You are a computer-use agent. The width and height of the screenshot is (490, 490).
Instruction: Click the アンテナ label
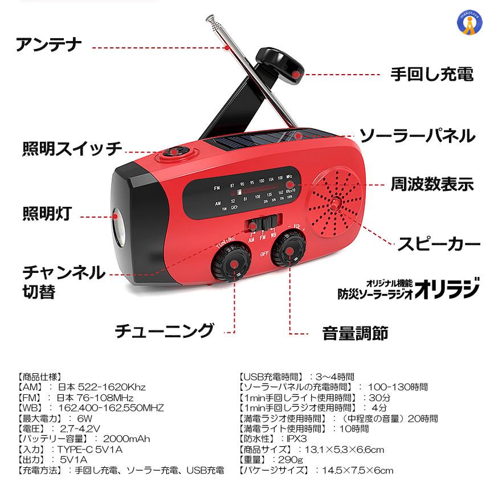50,44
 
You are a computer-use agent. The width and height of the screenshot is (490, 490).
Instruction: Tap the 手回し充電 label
432,74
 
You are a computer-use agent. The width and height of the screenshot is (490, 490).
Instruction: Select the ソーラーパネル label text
416,136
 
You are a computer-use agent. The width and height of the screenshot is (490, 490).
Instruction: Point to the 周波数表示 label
432,184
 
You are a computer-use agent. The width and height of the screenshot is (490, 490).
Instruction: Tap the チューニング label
164,331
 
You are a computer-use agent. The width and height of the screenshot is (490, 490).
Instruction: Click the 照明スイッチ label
72,149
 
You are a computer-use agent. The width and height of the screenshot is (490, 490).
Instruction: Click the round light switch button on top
176,153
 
